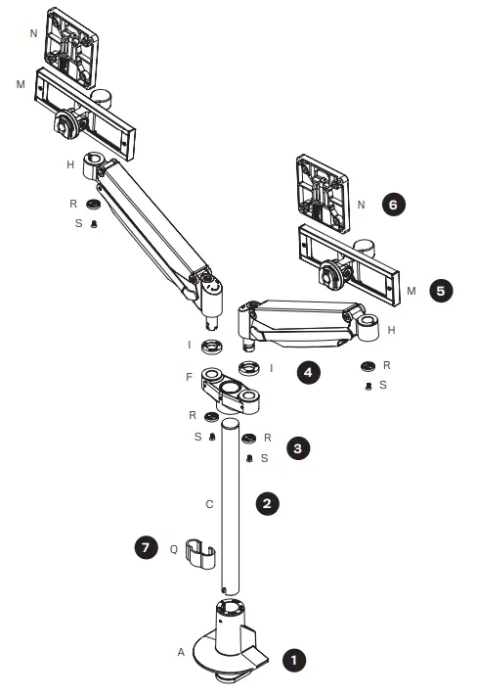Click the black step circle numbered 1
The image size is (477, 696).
[290, 660]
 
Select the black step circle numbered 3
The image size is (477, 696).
[299, 447]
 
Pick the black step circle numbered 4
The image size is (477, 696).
[309, 374]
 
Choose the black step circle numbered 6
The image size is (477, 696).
[393, 206]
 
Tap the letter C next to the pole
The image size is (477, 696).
[207, 505]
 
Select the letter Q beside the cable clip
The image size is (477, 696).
[174, 549]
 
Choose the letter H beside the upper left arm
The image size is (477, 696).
[70, 164]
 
